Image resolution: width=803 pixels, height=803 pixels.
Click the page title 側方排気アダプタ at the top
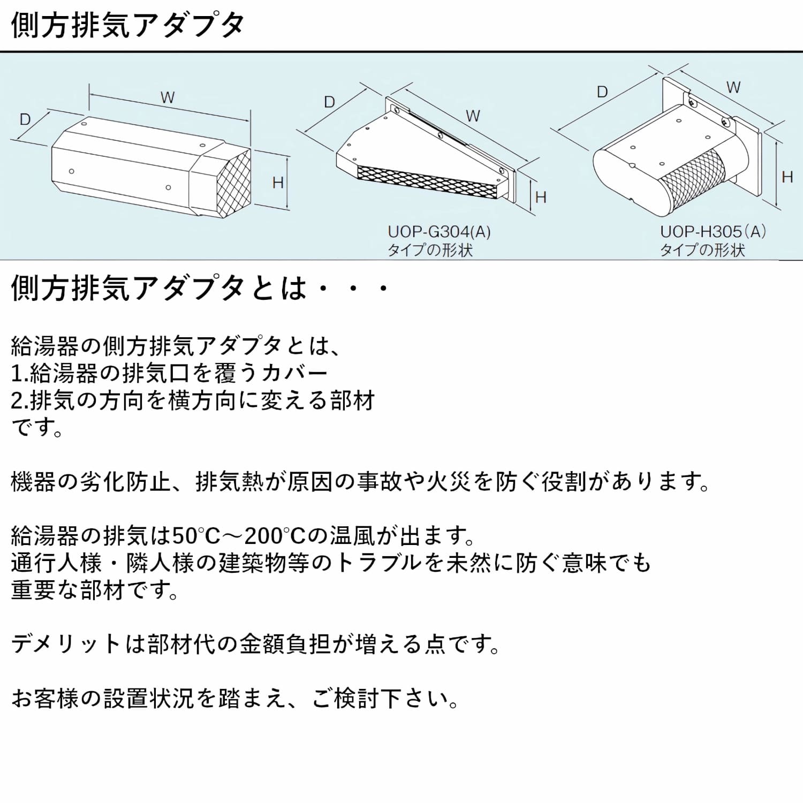[127, 25]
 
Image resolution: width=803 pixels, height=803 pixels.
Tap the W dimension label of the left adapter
[168, 98]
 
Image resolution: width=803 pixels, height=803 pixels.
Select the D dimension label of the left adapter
[25, 119]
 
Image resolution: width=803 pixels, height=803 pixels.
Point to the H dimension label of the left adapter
[278, 183]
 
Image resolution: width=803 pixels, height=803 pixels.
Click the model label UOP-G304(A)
[439, 232]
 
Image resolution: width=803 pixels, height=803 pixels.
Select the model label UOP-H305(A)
[713, 232]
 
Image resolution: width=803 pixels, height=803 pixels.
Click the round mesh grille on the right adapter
[693, 177]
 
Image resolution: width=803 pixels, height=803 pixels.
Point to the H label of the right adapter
[787, 177]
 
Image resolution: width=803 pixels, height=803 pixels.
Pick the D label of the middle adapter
[330, 102]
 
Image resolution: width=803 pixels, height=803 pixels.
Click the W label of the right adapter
[733, 88]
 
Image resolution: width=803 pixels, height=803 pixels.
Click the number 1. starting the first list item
[20, 374]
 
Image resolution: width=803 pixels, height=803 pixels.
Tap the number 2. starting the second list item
[20, 401]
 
